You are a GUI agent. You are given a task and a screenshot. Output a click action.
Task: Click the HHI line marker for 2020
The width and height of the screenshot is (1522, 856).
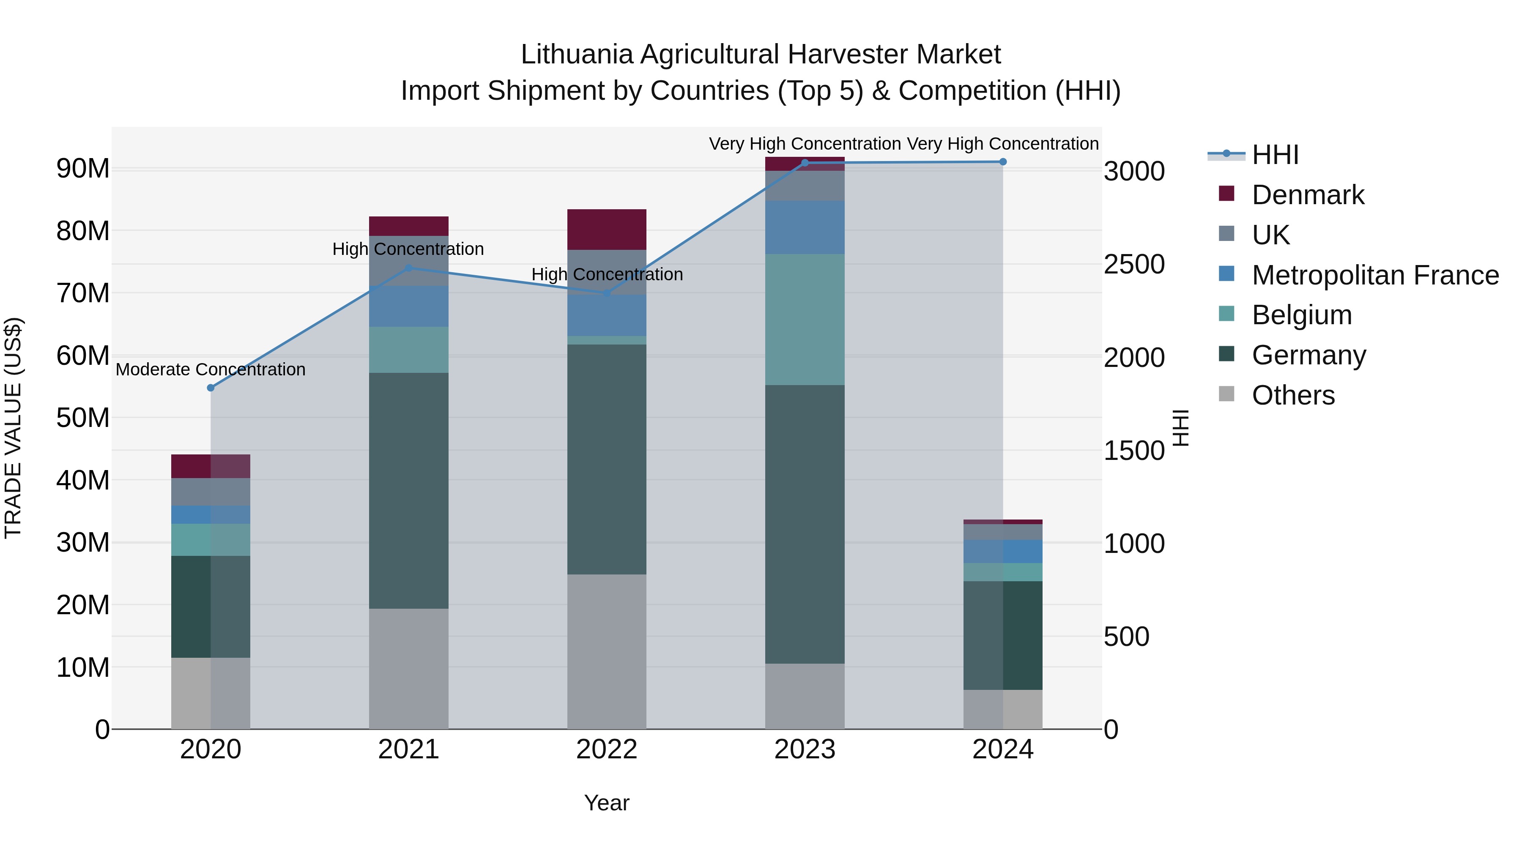tap(211, 388)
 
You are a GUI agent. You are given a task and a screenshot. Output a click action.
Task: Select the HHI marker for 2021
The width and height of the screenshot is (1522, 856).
tap(408, 268)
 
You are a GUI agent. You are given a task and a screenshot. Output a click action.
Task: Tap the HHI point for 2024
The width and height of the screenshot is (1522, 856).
tap(1003, 162)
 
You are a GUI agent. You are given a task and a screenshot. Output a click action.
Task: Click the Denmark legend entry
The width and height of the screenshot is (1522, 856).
tap(1308, 195)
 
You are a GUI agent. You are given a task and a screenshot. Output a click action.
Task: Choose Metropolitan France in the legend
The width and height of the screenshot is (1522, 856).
tap(1375, 275)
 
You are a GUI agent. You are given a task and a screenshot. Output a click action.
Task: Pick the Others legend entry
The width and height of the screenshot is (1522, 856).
tap(1293, 395)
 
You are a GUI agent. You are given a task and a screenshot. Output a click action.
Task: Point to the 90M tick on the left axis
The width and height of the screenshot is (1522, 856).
tap(83, 169)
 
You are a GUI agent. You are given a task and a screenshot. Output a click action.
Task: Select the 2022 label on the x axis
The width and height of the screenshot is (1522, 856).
tap(606, 749)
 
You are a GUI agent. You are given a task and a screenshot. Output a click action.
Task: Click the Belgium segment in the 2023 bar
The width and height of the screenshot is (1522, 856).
tap(805, 319)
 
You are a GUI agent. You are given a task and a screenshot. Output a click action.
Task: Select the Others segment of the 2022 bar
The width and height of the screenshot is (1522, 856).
tap(606, 651)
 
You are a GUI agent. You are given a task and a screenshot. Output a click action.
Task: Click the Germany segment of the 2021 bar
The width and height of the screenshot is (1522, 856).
tap(408, 490)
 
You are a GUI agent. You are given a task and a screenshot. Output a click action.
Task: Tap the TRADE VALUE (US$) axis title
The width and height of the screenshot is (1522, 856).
tap(13, 428)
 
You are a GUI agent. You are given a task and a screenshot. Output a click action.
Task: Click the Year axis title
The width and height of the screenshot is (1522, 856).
tap(606, 803)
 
